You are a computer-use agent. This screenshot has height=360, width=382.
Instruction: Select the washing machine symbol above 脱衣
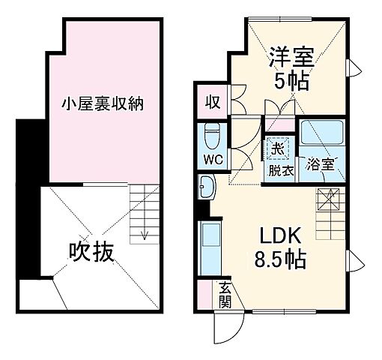coord(277,148)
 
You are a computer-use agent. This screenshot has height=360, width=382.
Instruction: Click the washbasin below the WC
coord(208,186)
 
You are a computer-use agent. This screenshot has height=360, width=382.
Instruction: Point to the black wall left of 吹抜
coord(28,199)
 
